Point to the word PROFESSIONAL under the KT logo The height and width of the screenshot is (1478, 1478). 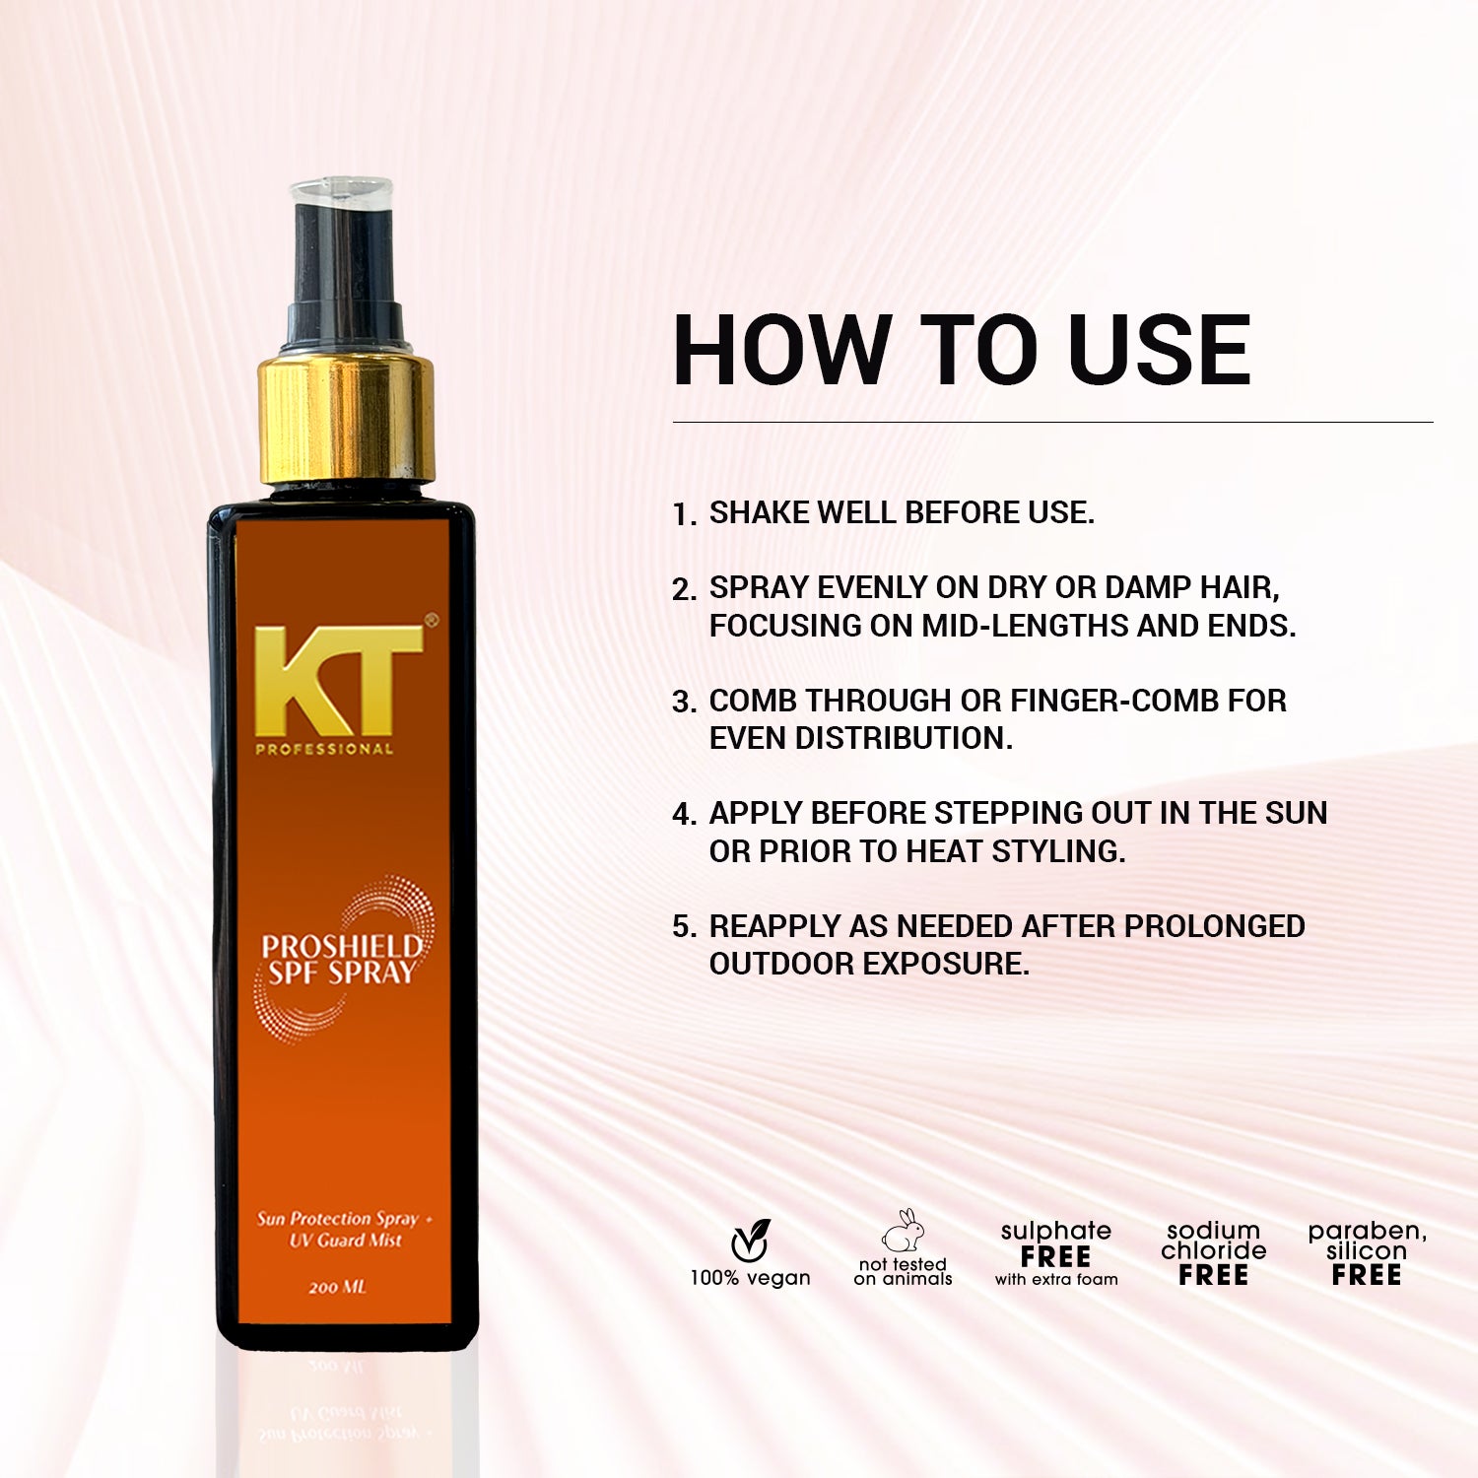coord(324,749)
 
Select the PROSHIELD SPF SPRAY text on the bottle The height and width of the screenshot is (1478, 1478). coord(341,960)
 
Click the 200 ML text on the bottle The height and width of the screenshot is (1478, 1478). coord(337,1287)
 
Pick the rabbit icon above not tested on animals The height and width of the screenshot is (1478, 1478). coord(904,1232)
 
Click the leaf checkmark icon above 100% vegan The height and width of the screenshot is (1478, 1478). coord(751,1240)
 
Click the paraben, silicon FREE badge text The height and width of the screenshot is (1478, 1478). coord(1367,1253)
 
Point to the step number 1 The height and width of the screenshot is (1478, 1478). coord(683,514)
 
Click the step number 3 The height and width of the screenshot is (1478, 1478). coord(684,703)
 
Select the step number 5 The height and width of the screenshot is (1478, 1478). coord(684,927)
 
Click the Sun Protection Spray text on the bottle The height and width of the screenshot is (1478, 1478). coord(338,1219)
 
